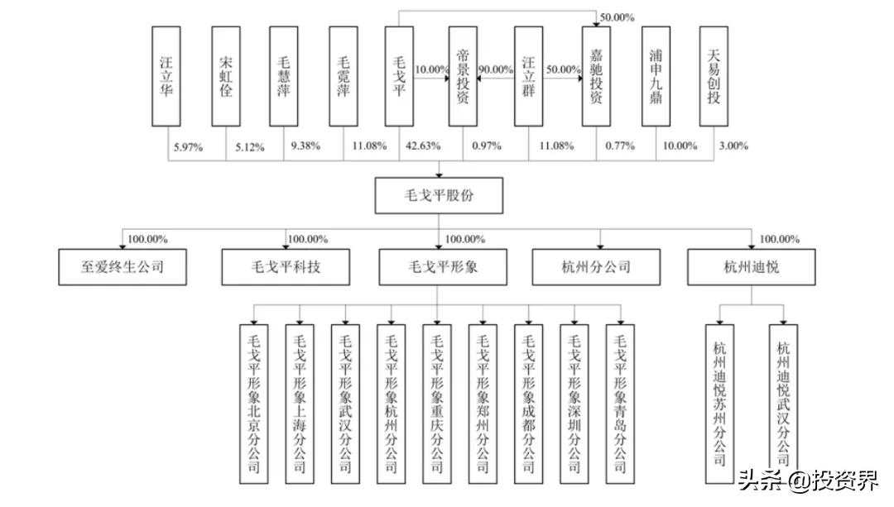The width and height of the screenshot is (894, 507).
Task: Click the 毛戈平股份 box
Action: pos(439,195)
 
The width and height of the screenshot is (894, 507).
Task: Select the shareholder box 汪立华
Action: pos(166,76)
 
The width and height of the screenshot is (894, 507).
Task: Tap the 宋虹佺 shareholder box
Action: pos(226,76)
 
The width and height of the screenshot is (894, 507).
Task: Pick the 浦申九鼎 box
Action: pos(656,76)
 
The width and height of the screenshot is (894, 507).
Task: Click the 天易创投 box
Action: pos(714,76)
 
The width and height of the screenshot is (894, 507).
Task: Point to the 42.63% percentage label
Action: pos(423,146)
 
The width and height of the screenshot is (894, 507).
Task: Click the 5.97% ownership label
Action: pos(188,147)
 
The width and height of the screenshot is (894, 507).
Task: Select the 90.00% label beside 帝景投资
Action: pos(496,69)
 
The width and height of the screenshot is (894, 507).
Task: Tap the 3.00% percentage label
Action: pos(733,146)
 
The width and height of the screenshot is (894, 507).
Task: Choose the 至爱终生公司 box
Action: pos(123,266)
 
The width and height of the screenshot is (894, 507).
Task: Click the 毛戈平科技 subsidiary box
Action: pos(286,266)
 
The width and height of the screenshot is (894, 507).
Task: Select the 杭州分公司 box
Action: pos(596,266)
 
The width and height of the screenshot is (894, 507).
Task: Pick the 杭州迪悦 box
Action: pos(752,266)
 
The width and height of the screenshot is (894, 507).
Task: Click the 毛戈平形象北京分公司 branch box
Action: pos(254,404)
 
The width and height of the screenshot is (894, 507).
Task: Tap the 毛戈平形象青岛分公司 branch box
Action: pos(620,404)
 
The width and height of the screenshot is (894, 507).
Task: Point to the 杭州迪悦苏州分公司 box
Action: pos(719,404)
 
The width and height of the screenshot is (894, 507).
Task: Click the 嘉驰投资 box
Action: pos(596,76)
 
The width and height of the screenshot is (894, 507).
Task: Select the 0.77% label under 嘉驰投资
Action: pos(620,146)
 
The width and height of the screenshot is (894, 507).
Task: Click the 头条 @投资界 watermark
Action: pos(810,481)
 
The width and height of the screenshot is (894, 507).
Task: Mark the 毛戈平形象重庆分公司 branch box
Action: pos(437,404)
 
